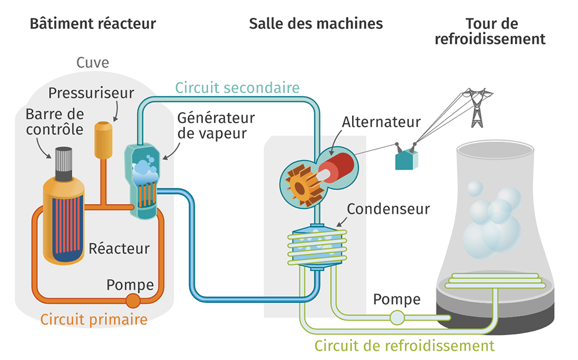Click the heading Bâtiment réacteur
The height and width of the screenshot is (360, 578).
click(92, 24)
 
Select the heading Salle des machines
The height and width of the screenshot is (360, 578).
click(316, 24)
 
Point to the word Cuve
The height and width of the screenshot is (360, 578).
click(92, 62)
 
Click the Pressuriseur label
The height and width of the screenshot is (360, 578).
click(91, 92)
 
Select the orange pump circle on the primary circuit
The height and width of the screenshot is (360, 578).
click(133, 300)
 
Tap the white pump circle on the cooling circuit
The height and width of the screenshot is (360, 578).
click(397, 317)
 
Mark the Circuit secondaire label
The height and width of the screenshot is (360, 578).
click(238, 88)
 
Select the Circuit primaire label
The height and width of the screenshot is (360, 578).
click(94, 319)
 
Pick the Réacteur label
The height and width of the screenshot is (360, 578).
click(119, 248)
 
